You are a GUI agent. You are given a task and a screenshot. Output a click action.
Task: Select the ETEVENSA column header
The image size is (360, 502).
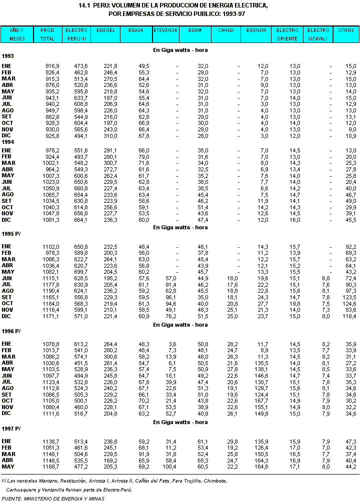[165, 30]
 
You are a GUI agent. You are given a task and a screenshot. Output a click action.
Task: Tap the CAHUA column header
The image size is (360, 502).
[225, 30]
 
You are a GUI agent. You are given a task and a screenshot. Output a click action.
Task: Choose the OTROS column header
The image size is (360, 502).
[346, 30]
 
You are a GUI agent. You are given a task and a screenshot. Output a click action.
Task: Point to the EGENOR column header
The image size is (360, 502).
[256, 30]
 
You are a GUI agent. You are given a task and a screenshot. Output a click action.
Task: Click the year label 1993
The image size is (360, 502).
[7, 57]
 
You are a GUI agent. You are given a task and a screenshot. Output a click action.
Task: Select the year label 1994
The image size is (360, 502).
[7, 142]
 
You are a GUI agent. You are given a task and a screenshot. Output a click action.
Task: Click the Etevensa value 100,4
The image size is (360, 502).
[170, 467]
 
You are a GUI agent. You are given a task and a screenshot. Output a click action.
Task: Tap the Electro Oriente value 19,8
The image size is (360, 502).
[294, 303]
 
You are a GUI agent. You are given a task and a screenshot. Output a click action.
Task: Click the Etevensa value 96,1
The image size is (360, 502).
[171, 297]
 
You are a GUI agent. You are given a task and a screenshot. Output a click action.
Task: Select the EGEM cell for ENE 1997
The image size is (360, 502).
[202, 441]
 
